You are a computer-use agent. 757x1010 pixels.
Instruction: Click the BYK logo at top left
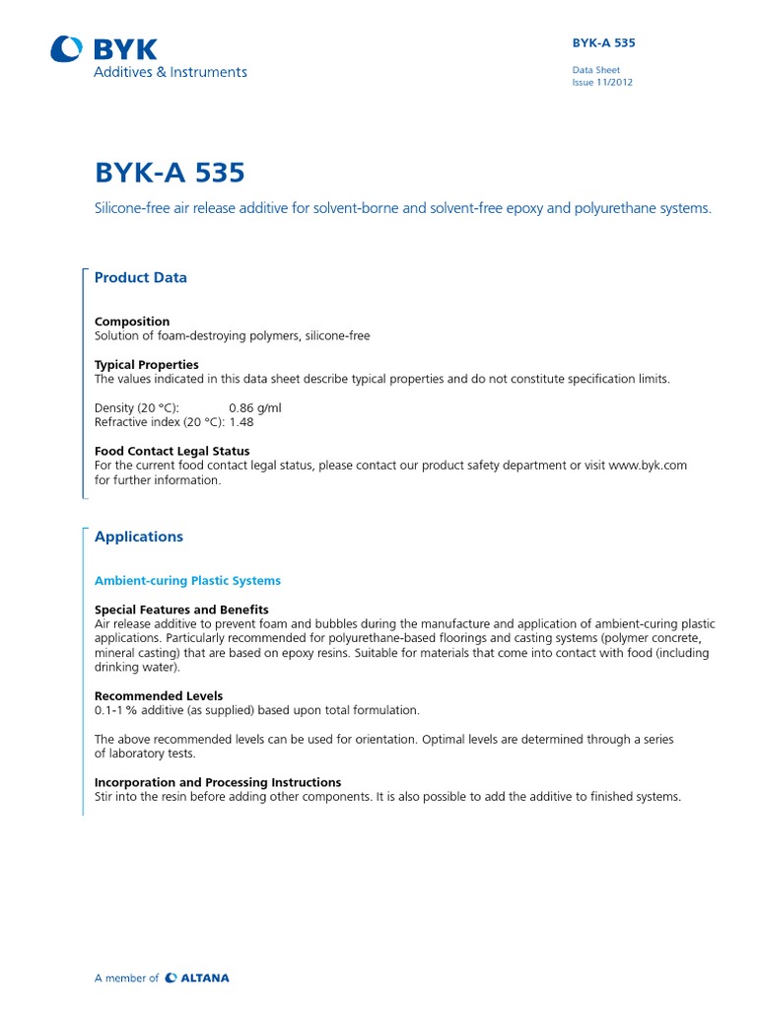(x=103, y=48)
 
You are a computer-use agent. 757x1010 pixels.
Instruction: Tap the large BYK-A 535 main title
(x=169, y=173)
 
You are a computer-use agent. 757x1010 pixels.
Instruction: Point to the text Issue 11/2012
(x=602, y=83)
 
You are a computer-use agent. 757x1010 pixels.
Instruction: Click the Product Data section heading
(x=140, y=278)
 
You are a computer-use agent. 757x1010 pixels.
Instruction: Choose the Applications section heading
(x=138, y=537)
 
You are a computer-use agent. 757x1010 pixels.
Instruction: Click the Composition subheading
(x=131, y=322)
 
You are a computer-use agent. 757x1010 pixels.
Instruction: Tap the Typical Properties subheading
(x=146, y=364)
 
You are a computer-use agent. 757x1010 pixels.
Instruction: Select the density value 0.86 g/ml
(x=255, y=407)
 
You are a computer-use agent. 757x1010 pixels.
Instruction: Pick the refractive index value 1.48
(x=242, y=422)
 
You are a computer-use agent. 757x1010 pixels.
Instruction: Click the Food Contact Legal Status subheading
(x=172, y=451)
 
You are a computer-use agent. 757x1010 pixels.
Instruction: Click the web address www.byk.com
(x=648, y=466)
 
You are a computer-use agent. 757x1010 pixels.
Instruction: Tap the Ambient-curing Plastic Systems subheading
(x=187, y=580)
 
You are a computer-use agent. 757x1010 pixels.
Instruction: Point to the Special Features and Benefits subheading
(x=181, y=610)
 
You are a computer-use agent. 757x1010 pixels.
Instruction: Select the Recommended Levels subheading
(x=158, y=696)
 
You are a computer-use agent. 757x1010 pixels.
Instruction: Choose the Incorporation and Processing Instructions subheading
(x=218, y=782)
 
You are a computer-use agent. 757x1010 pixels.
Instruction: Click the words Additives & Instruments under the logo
(x=170, y=72)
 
